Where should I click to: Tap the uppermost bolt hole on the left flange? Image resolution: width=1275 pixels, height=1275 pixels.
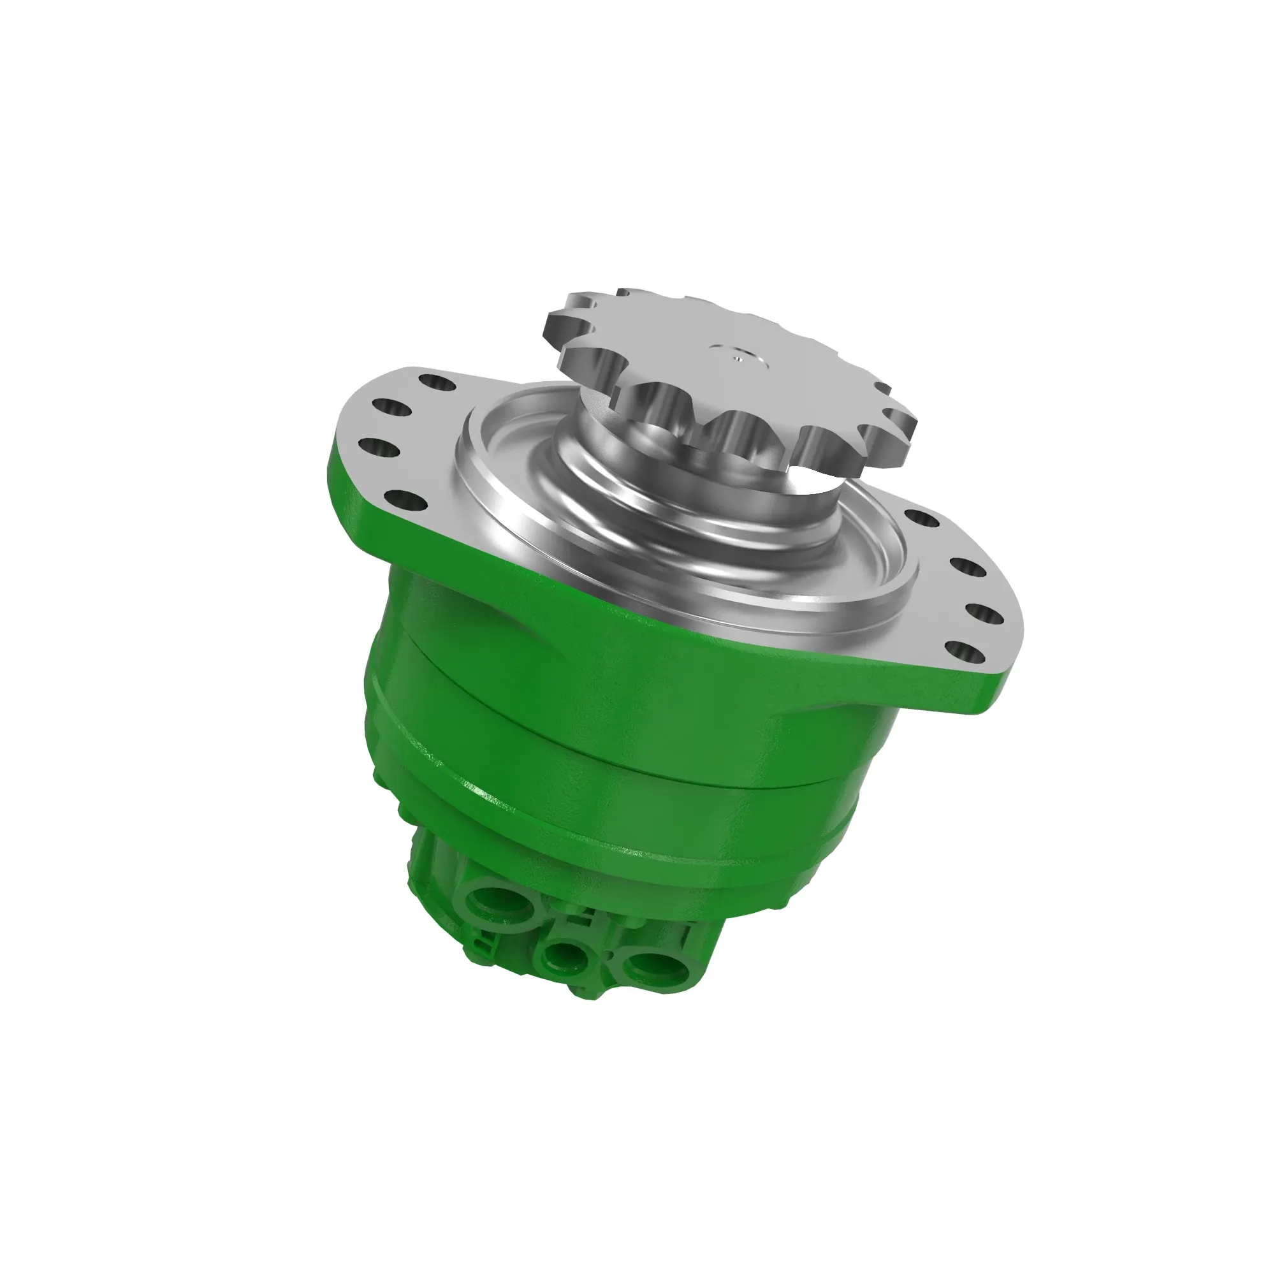pos(436,382)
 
